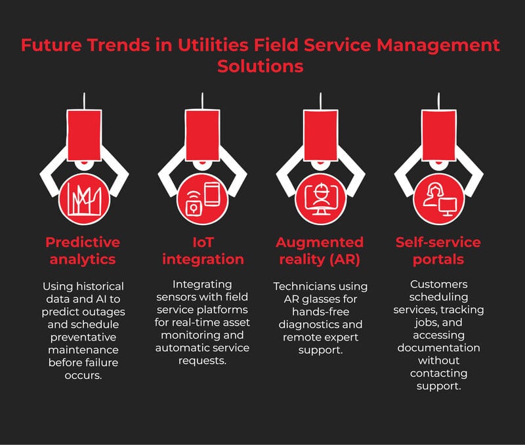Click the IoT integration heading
(203, 251)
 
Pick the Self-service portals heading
(438, 251)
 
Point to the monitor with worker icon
(320, 196)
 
